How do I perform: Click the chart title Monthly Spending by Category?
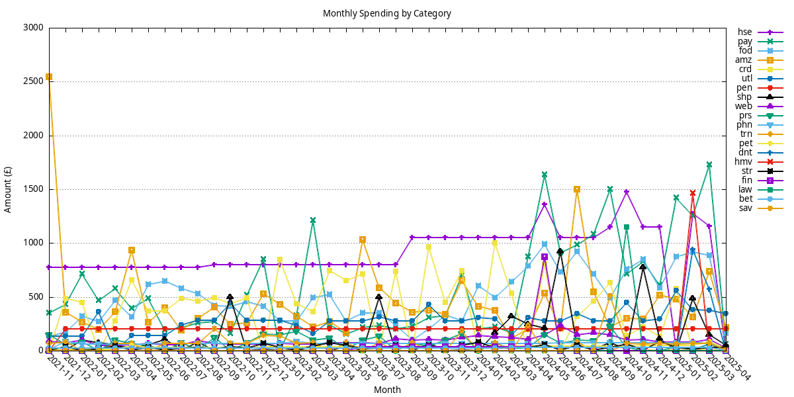coord(387,13)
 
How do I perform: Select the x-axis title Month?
coord(387,390)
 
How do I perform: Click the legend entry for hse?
coord(745,32)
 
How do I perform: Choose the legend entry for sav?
coord(745,208)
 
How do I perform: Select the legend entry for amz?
coord(745,60)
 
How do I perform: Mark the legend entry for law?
coord(745,190)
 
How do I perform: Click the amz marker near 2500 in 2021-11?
coord(49,77)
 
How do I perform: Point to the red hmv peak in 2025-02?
coord(693,193)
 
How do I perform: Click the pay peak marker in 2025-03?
coord(709,164)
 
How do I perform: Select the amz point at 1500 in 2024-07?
coord(577,189)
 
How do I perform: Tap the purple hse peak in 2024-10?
coord(627,192)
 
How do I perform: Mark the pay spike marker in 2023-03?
coord(313,220)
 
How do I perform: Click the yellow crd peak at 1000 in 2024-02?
coord(494,243)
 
